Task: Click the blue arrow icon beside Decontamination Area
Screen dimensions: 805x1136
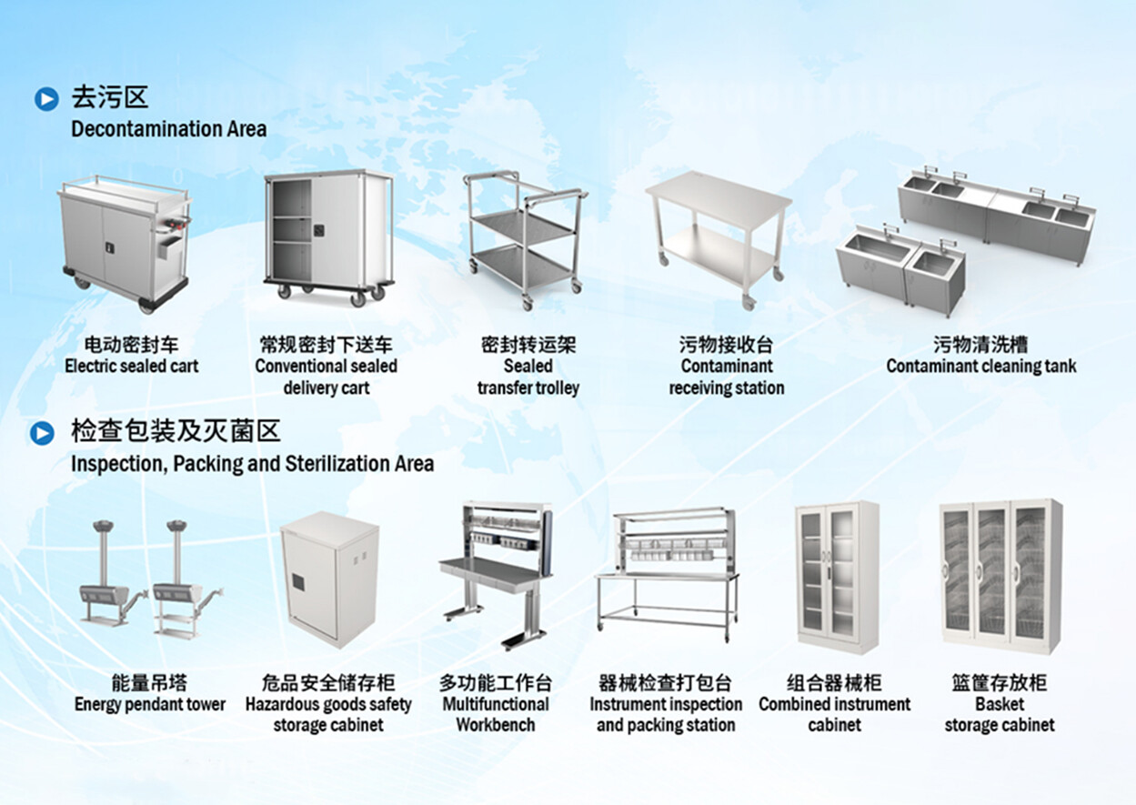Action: tap(46, 98)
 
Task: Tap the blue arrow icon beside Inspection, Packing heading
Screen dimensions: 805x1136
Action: tap(42, 433)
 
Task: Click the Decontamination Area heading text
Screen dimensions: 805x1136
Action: tap(169, 129)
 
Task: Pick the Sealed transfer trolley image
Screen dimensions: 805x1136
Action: tap(525, 235)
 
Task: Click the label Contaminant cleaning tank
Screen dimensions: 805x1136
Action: tap(980, 367)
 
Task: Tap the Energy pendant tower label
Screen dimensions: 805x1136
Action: tap(150, 704)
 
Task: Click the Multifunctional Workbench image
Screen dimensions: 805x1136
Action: tap(495, 572)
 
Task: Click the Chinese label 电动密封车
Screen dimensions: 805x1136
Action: tap(131, 346)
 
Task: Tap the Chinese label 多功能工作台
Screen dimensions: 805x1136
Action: tap(496, 683)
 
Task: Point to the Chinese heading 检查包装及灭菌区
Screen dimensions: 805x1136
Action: tap(176, 431)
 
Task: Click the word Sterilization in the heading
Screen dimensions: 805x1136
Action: tap(337, 464)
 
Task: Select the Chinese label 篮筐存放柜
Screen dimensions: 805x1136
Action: tap(1000, 683)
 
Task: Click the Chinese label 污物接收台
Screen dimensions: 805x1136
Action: tap(726, 346)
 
